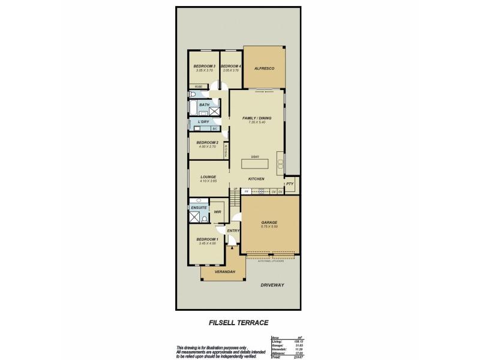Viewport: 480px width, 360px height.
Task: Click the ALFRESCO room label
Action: tap(264, 70)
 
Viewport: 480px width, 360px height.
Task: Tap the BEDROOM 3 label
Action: tap(204, 66)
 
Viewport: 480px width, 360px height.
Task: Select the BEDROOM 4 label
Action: tap(231, 66)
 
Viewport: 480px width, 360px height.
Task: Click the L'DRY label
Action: tap(203, 122)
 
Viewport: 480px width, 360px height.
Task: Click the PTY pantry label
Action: tap(290, 184)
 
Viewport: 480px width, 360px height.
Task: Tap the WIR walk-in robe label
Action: tap(218, 211)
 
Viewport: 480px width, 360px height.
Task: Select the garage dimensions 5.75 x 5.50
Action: tap(269, 227)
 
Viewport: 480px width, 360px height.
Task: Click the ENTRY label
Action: tap(233, 230)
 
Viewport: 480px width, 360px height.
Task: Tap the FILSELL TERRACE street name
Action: tap(239, 323)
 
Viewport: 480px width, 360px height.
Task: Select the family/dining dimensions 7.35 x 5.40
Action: tap(256, 122)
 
